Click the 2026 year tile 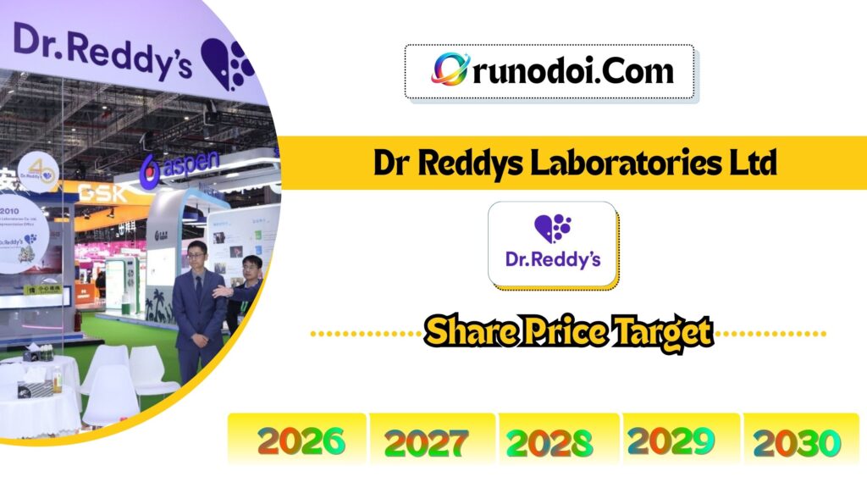click(301, 441)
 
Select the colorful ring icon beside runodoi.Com click(450, 70)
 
